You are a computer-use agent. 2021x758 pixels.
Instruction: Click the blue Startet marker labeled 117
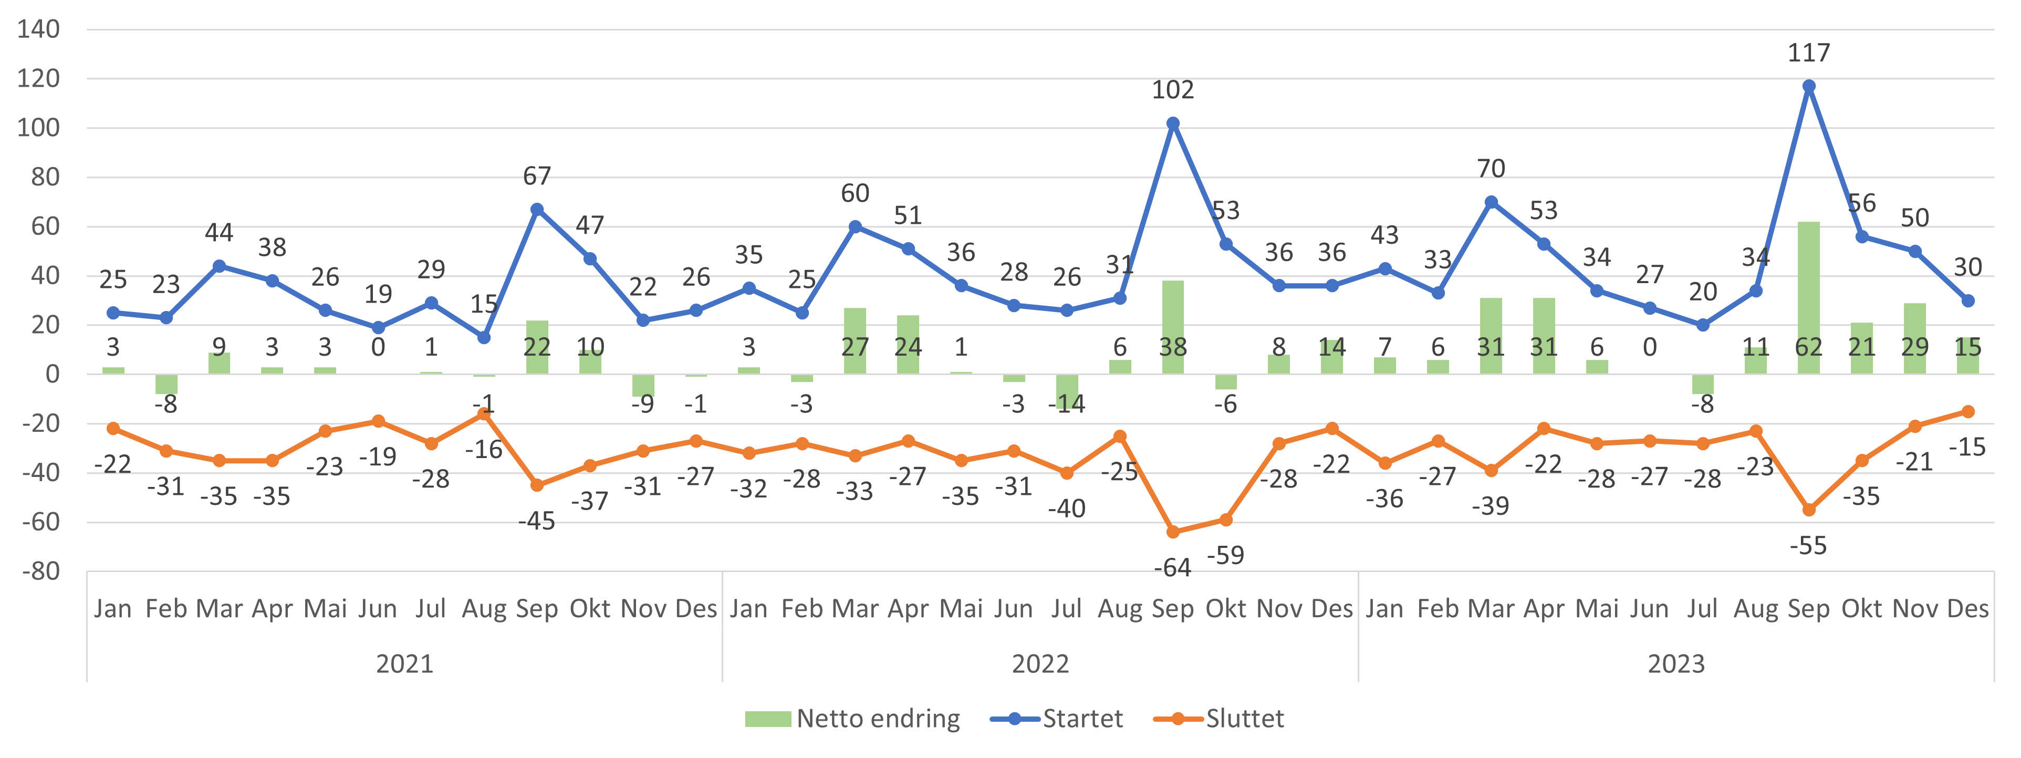pos(1808,86)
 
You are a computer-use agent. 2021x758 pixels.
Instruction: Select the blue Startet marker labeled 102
pos(1173,123)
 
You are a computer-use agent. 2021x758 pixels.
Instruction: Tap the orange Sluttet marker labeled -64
pos(1173,532)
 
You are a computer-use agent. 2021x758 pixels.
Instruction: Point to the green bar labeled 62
pos(1808,298)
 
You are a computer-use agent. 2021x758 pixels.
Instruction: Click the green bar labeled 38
pos(1173,327)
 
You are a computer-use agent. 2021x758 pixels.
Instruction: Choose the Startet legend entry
pos(1056,719)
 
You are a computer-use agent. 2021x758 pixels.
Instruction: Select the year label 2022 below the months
pos(1040,664)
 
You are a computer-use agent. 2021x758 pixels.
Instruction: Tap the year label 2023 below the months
pos(1676,664)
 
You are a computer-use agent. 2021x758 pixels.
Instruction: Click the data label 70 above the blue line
pos(1491,169)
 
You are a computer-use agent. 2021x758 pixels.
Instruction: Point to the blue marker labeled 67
pos(537,210)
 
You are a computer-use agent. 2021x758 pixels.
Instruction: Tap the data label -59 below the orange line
pos(1225,556)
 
